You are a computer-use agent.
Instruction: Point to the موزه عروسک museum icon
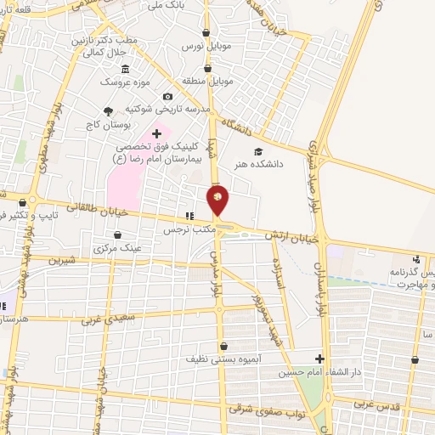coord(126,69)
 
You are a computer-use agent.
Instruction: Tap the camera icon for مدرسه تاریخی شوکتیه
coord(167,97)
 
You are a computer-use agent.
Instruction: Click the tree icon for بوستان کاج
coord(107,111)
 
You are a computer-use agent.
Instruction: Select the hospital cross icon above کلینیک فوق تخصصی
coord(156,133)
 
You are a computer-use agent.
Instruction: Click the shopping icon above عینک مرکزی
coord(118,235)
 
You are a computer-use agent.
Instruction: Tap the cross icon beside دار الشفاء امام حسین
coord(319,359)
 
